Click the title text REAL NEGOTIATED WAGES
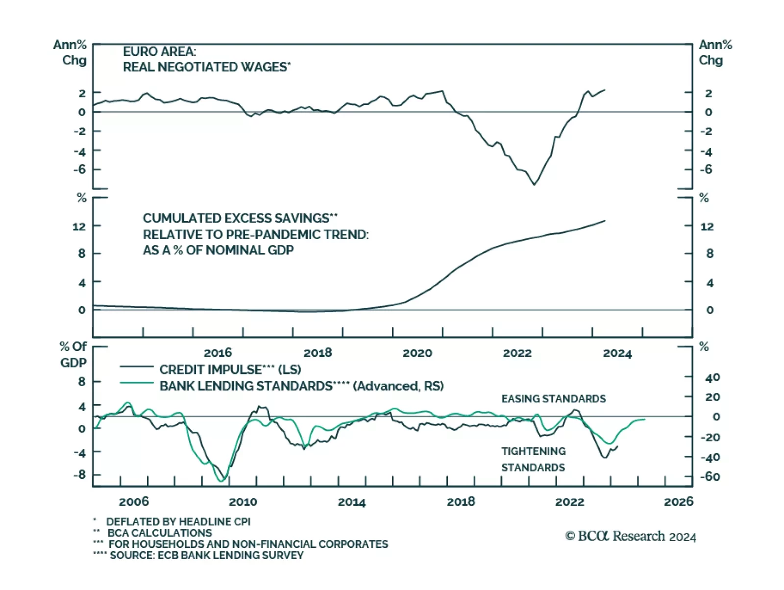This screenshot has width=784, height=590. pyautogui.click(x=206, y=67)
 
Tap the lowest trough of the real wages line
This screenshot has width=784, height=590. pyautogui.click(x=534, y=184)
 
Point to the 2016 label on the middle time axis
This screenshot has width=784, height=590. pyautogui.click(x=218, y=353)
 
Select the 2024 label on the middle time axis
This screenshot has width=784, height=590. pyautogui.click(x=617, y=353)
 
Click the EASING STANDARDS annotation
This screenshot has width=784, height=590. pyautogui.click(x=553, y=399)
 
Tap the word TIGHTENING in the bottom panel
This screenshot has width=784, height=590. pyautogui.click(x=533, y=451)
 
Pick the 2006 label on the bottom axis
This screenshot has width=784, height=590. pyautogui.click(x=134, y=501)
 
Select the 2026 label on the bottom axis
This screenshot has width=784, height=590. pyautogui.click(x=678, y=501)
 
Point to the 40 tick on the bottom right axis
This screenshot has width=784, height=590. pyautogui.click(x=712, y=377)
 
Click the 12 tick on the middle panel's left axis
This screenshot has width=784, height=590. pyautogui.click(x=79, y=226)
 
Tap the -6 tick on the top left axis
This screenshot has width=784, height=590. pyautogui.click(x=79, y=170)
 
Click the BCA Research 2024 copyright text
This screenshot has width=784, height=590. pyautogui.click(x=631, y=536)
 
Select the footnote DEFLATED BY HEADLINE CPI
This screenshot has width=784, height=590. pyautogui.click(x=178, y=522)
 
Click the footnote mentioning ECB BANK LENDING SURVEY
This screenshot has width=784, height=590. pyautogui.click(x=206, y=555)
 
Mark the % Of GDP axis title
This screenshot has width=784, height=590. pyautogui.click(x=73, y=354)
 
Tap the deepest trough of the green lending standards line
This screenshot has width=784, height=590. pyautogui.click(x=220, y=481)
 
